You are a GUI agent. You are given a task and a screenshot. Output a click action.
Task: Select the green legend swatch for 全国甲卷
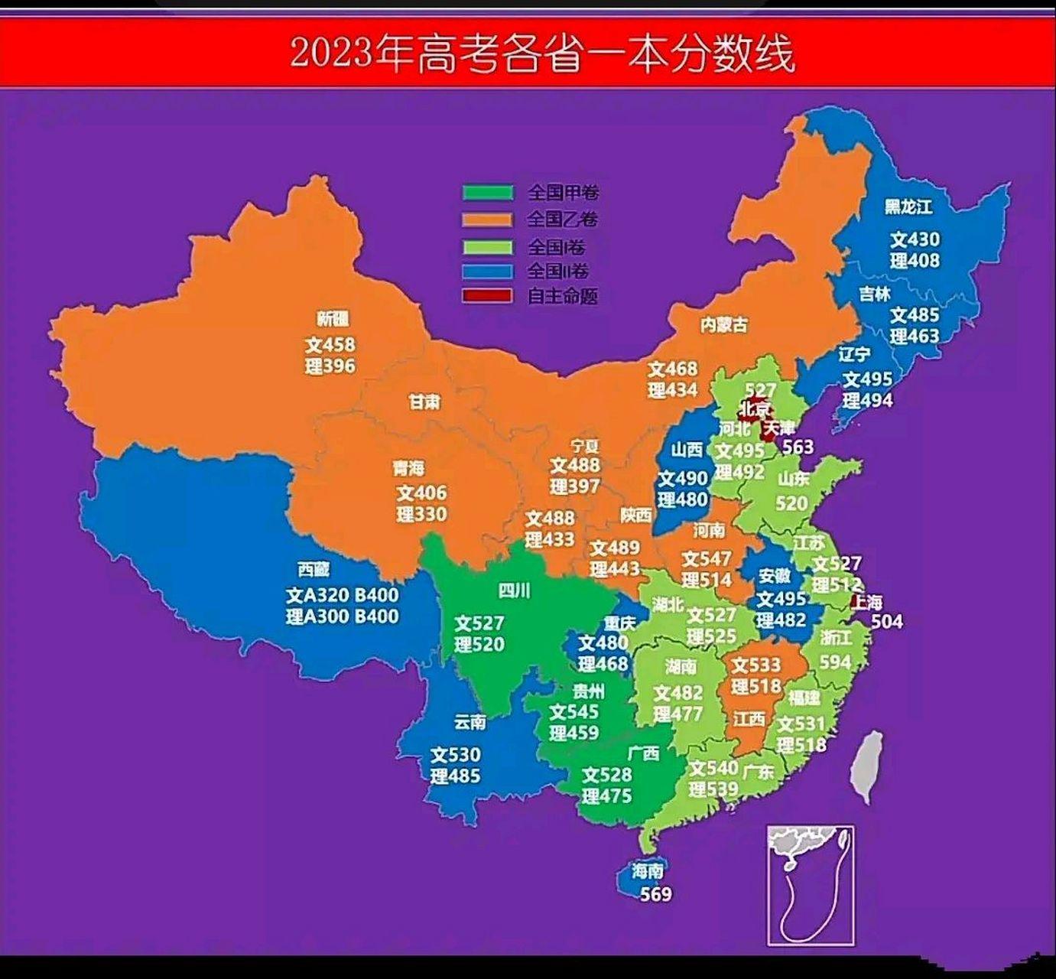pyautogui.click(x=487, y=192)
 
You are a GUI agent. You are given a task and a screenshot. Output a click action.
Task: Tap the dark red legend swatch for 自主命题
pyautogui.click(x=487, y=295)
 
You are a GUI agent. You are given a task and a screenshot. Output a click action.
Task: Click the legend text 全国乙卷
pyautogui.click(x=562, y=220)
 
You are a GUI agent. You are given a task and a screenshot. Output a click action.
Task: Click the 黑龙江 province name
pyautogui.click(x=908, y=207)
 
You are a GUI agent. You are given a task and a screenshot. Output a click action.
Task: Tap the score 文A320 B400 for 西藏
pyautogui.click(x=342, y=595)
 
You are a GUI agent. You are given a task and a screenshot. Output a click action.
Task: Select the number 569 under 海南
pyautogui.click(x=655, y=893)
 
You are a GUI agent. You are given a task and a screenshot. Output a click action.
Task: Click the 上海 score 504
pyautogui.click(x=886, y=621)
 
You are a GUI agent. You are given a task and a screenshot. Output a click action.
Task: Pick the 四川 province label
pyautogui.click(x=514, y=590)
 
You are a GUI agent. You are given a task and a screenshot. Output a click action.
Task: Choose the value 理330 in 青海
pyautogui.click(x=421, y=514)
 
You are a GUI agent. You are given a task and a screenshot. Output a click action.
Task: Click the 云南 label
pyautogui.click(x=470, y=721)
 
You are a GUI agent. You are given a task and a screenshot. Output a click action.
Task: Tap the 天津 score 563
pyautogui.click(x=798, y=447)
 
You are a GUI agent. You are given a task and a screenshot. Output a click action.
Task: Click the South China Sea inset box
pyautogui.click(x=811, y=884)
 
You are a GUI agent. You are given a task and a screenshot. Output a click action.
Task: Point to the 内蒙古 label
pyautogui.click(x=723, y=324)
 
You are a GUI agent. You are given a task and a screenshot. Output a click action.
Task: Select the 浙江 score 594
pyautogui.click(x=835, y=662)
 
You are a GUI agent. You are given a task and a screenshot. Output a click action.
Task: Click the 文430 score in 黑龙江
pyautogui.click(x=915, y=239)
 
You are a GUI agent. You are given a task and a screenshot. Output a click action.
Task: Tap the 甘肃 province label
pyautogui.click(x=424, y=401)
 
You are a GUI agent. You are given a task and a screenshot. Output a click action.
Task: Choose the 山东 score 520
pyautogui.click(x=791, y=503)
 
